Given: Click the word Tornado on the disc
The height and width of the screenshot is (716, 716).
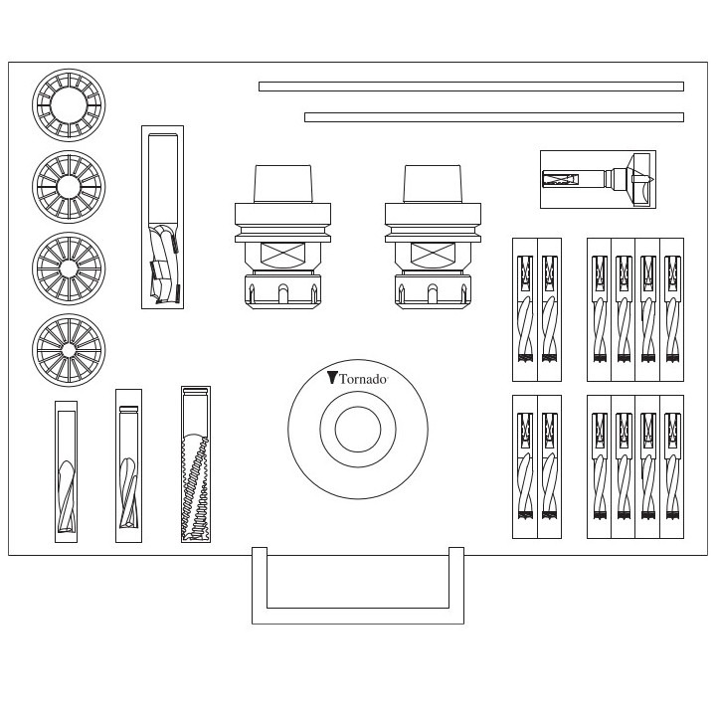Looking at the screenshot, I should (363, 379).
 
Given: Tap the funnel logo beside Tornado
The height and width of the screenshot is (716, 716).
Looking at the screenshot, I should (332, 378).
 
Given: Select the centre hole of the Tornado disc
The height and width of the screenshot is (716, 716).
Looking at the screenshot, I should (358, 431).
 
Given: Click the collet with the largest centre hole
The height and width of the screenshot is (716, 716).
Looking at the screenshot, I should (69, 104).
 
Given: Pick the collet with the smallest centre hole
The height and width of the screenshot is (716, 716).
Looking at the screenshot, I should (69, 350).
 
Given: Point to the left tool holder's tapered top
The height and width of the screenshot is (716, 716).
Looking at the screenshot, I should (283, 184).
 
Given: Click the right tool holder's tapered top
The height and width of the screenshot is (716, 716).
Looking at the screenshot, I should (433, 184).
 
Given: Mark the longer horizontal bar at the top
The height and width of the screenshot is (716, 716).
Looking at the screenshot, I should (470, 87).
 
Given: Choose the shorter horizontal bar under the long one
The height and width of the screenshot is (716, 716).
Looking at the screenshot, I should (493, 117).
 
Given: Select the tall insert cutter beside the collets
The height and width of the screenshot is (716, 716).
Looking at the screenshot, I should (162, 217).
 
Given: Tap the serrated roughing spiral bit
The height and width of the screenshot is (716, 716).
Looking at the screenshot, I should (196, 464).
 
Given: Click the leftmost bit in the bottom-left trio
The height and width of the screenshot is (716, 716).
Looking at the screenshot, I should (67, 471).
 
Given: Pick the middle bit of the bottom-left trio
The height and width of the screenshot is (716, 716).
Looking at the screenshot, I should (128, 465).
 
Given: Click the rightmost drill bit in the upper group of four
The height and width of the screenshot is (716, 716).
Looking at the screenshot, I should (672, 308).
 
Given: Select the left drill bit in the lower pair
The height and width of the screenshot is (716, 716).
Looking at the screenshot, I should (524, 466).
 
